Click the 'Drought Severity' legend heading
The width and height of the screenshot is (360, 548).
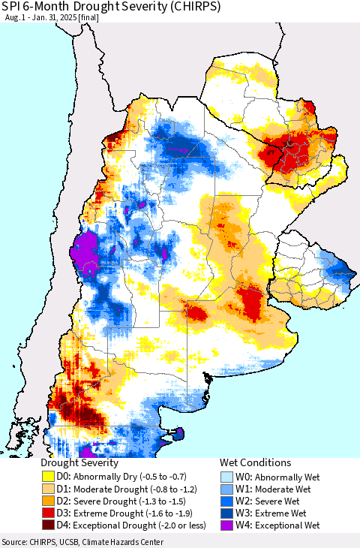[x=79, y=462]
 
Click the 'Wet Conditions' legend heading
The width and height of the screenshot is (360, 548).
[x=255, y=462]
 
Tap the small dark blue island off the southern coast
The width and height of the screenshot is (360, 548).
[x=178, y=433]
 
